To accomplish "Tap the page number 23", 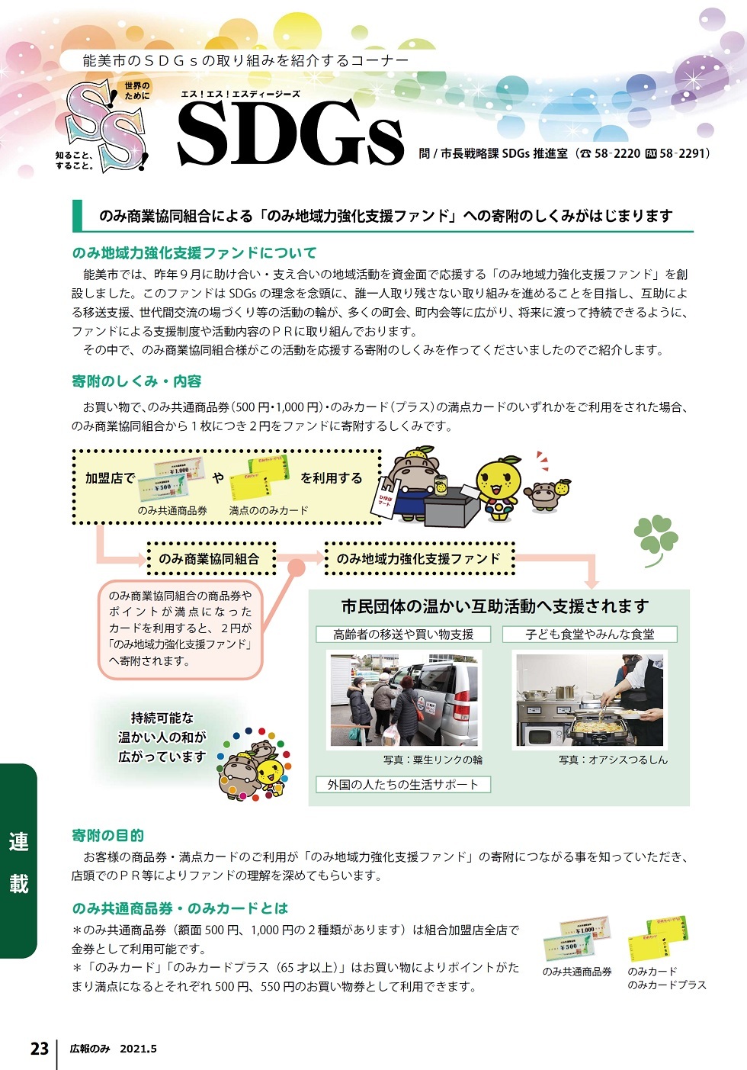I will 40,1049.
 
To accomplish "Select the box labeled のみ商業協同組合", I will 209,559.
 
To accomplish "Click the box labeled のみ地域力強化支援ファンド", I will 419,559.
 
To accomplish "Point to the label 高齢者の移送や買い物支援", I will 403,634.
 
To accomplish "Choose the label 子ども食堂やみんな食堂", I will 589,634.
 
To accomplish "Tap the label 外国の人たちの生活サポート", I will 403,784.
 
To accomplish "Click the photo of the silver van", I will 404,699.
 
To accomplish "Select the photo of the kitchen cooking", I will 591,699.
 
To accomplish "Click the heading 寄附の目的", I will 107,835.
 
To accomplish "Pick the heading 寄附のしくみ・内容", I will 136,381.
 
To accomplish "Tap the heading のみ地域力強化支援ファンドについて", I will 194,252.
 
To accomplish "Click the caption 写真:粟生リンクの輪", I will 432,760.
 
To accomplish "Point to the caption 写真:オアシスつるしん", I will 613,760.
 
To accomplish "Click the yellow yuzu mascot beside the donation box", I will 499,487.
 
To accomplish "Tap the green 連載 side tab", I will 18,862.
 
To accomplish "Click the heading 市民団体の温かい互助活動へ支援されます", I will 495,606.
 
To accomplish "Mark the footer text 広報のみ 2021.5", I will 113,1049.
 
